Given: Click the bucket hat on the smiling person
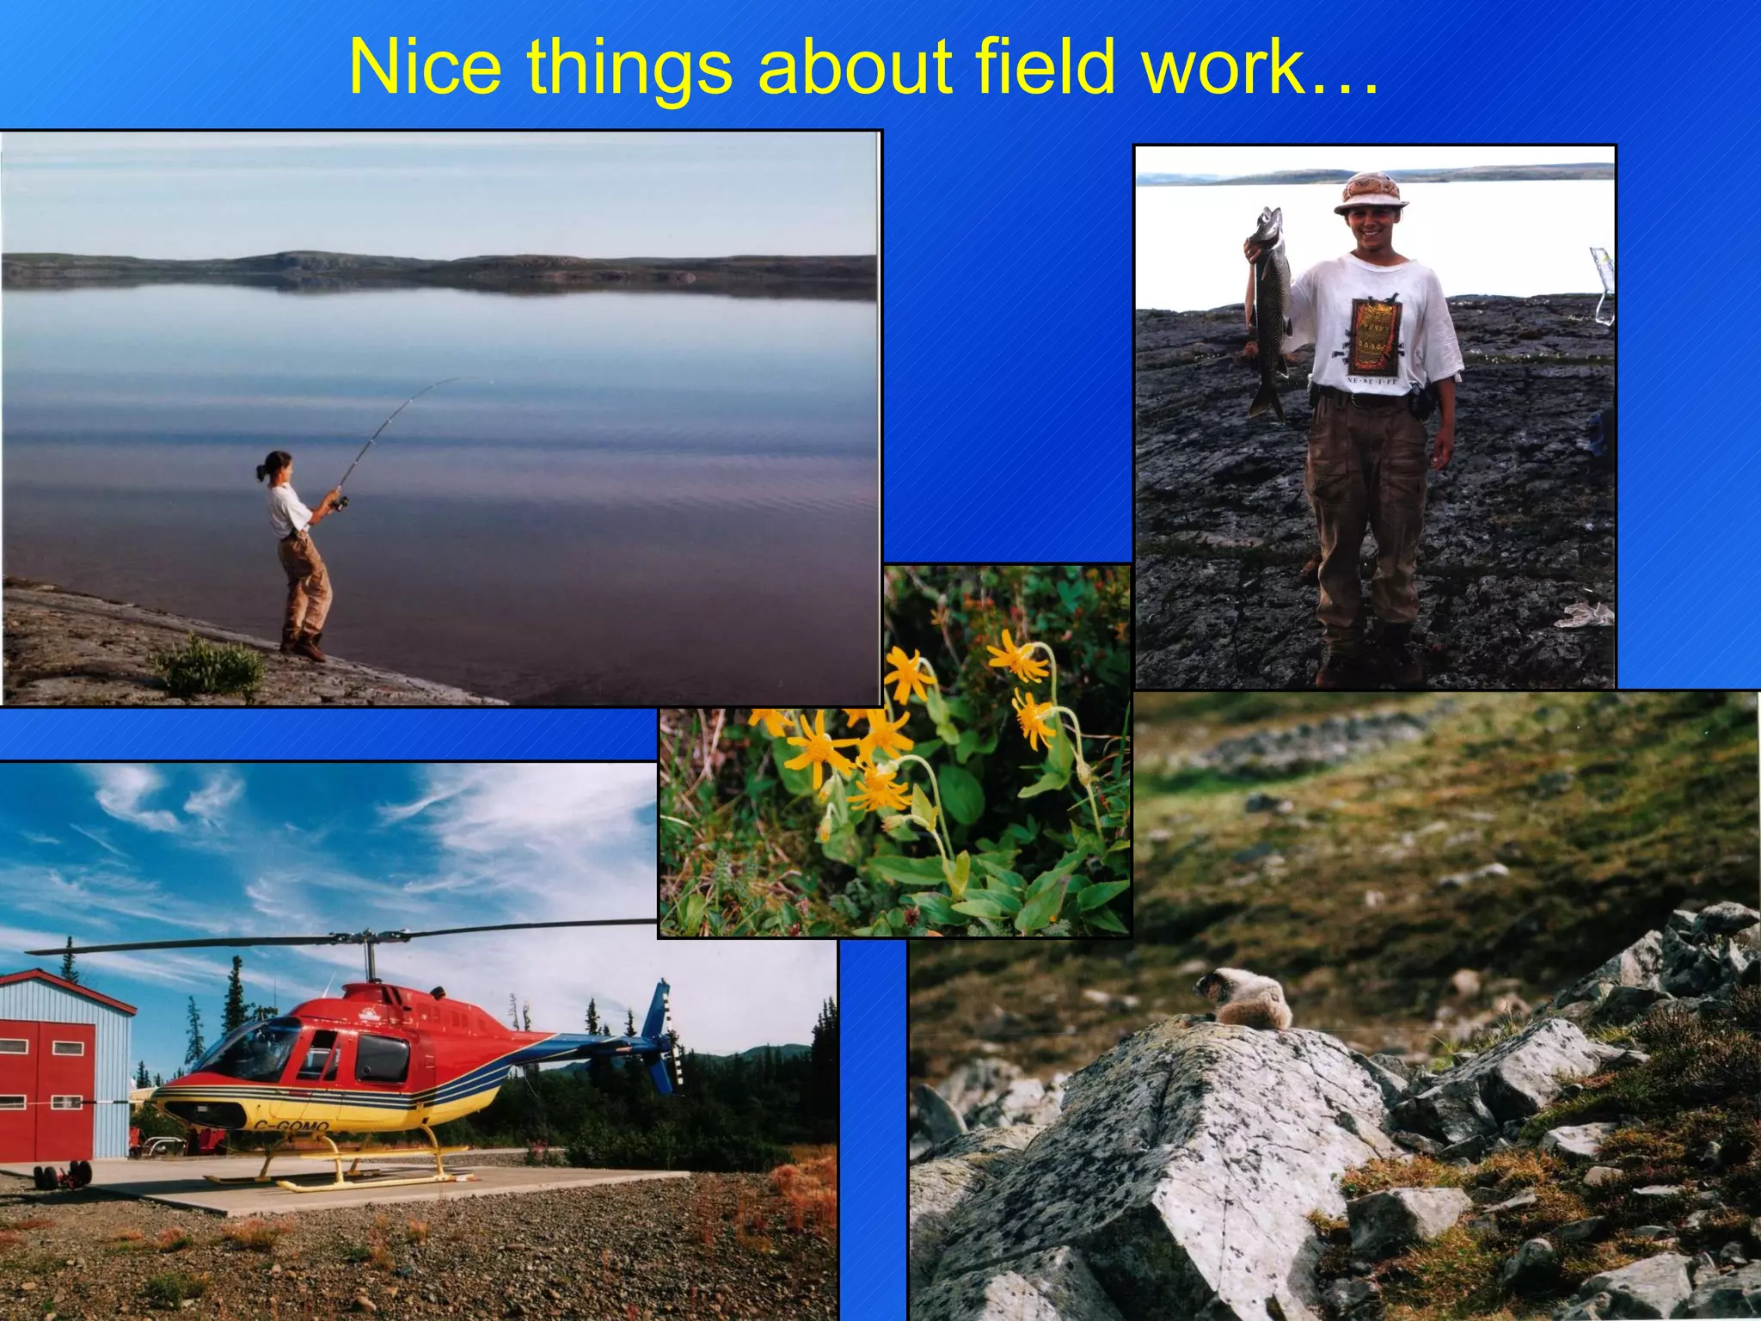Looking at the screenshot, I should (1371, 192).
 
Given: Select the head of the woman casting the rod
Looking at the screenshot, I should (276, 465).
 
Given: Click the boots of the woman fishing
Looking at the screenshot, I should (305, 648).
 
